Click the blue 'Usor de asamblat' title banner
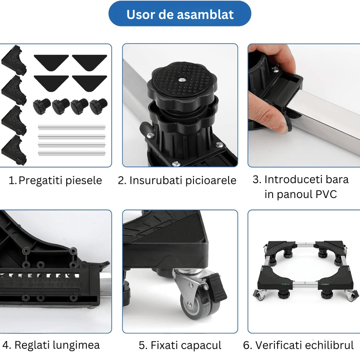(180, 14)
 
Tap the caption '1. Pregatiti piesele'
(55, 181)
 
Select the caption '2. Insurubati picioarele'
(177, 181)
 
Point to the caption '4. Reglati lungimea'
(51, 345)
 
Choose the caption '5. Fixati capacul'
(180, 345)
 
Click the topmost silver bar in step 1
(72, 127)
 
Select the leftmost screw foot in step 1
(41, 106)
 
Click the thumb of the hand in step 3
(275, 123)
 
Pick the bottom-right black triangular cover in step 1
(89, 81)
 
